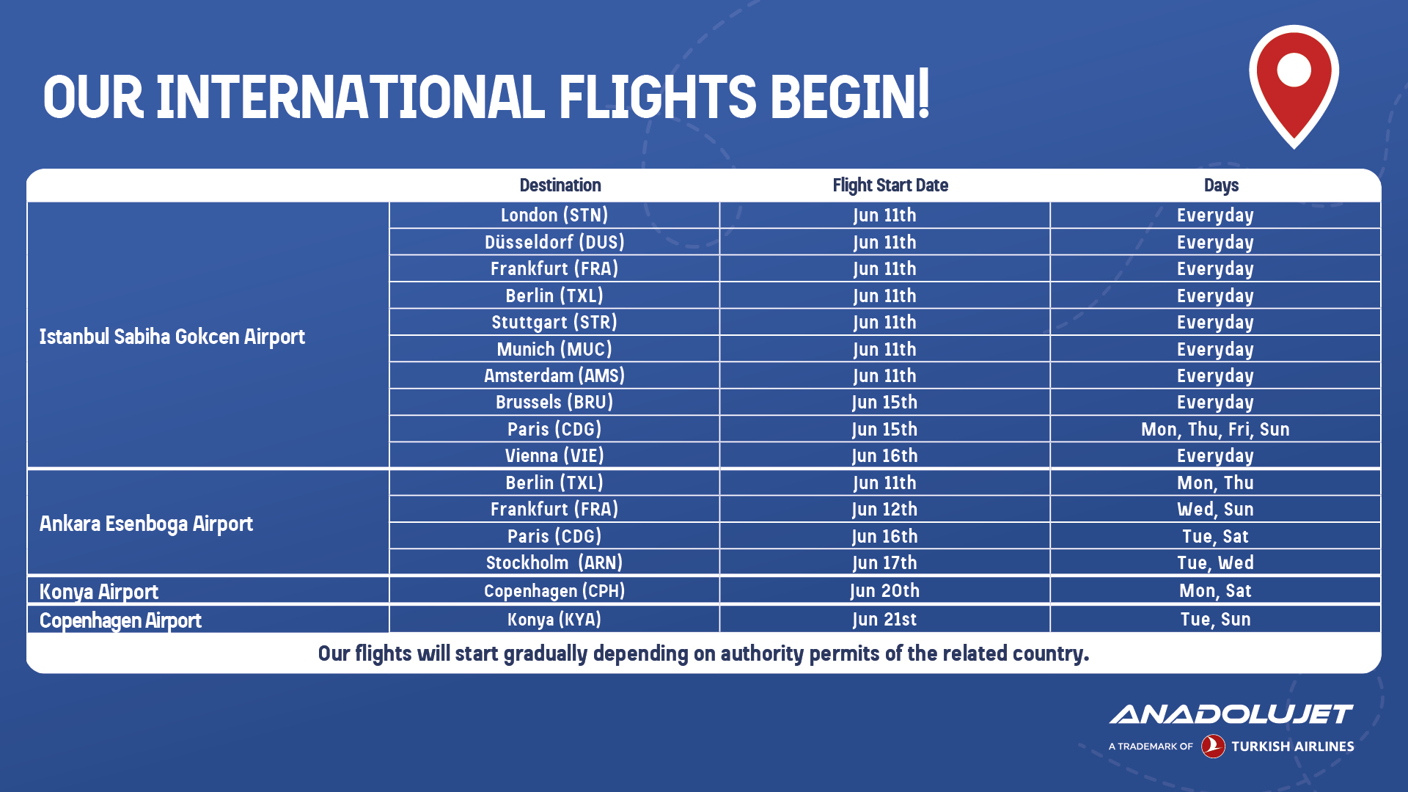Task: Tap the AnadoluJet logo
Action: click(x=1231, y=714)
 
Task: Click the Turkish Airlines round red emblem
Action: click(x=1213, y=747)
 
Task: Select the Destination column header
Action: click(x=560, y=186)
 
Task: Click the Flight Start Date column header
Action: click(x=890, y=186)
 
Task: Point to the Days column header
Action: click(x=1221, y=186)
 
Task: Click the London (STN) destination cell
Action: click(x=554, y=216)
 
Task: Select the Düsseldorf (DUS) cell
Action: click(x=554, y=242)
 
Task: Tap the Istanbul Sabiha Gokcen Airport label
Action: click(x=172, y=337)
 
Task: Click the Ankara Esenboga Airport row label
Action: click(x=146, y=524)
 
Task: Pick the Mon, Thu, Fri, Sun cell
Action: click(x=1215, y=429)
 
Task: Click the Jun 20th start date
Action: click(x=884, y=591)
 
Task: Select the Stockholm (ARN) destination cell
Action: click(x=554, y=563)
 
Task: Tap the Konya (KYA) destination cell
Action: click(x=554, y=620)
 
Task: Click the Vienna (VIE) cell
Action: click(x=554, y=456)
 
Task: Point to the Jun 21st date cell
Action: click(x=884, y=620)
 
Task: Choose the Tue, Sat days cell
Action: click(x=1215, y=537)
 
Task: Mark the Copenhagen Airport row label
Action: click(x=120, y=620)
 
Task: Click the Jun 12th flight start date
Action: click(x=884, y=510)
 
